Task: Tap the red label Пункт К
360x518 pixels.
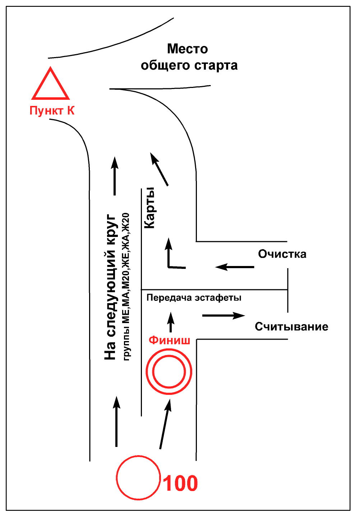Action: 52,111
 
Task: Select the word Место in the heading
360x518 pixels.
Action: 188,49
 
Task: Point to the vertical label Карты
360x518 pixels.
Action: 149,208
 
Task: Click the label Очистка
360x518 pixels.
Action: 282,254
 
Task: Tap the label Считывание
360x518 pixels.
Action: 291,327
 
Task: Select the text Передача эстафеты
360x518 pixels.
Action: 194,298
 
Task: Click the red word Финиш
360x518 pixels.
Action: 169,340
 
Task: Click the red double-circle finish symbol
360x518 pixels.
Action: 169,372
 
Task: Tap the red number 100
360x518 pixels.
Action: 180,483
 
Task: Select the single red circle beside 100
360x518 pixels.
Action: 138,477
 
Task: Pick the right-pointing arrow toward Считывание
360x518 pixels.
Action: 223,316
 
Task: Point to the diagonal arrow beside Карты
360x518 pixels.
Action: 159,169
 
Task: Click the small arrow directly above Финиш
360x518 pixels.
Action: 171,322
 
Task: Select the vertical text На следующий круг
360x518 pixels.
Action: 110,287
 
